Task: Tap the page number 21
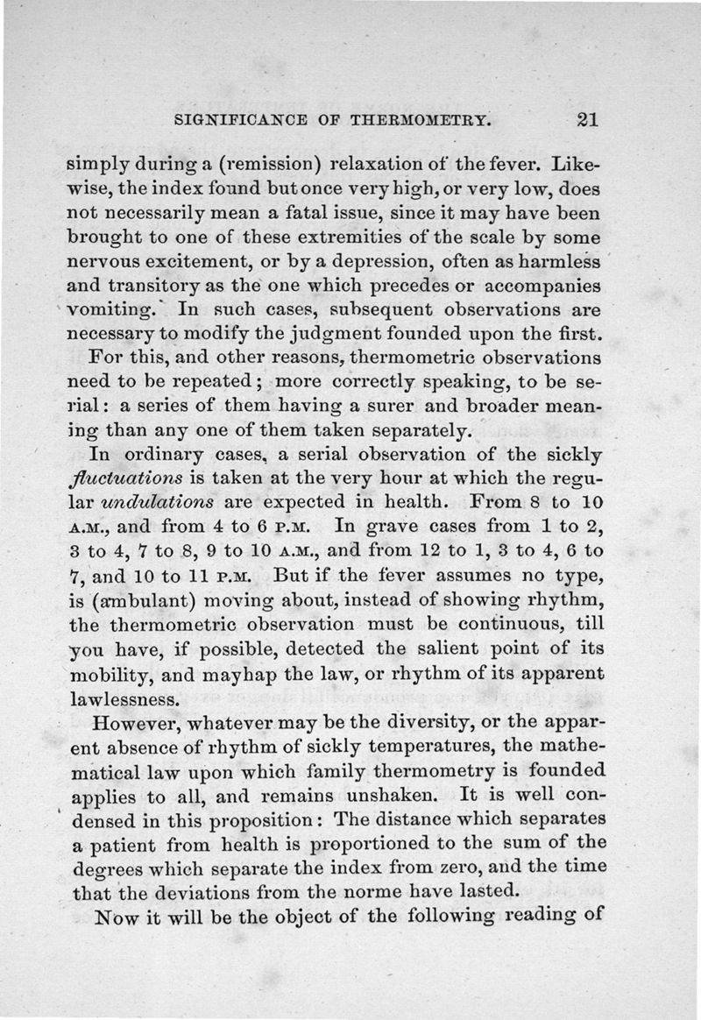tap(581, 119)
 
